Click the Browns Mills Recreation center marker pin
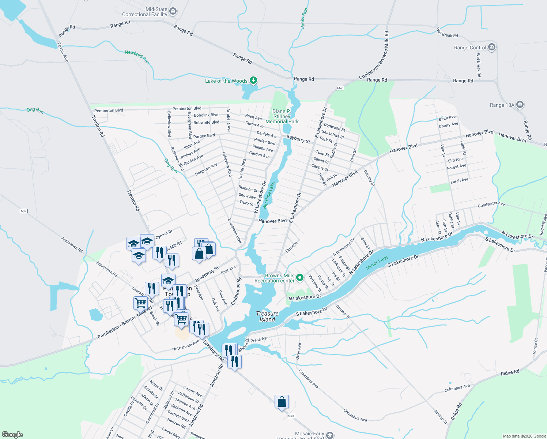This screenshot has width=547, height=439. pos(300,278)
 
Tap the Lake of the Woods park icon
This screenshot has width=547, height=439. pos(253,80)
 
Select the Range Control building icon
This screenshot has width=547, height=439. pos(492,47)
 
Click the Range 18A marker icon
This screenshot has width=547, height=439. pos(520,105)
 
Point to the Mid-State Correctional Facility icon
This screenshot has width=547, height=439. pos(173,12)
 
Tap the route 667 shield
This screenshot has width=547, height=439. pos(340,88)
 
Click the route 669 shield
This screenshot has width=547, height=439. pos(24,211)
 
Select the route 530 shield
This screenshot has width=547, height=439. pos(291,416)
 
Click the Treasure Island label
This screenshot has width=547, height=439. pos(267,316)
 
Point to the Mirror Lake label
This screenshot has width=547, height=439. pos(377,263)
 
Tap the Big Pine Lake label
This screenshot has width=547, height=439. pos(269,195)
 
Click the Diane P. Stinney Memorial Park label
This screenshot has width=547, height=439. pos(282,116)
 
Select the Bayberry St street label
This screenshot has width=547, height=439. pos(298,139)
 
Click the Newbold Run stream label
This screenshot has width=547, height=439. pos(137,57)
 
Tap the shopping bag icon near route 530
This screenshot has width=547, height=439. pos(282,402)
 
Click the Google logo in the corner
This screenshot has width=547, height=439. pos(12,434)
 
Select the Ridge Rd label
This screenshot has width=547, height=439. pos(510,373)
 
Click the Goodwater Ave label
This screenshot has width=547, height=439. pos(491,204)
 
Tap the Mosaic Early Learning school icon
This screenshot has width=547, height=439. pos(330,435)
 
